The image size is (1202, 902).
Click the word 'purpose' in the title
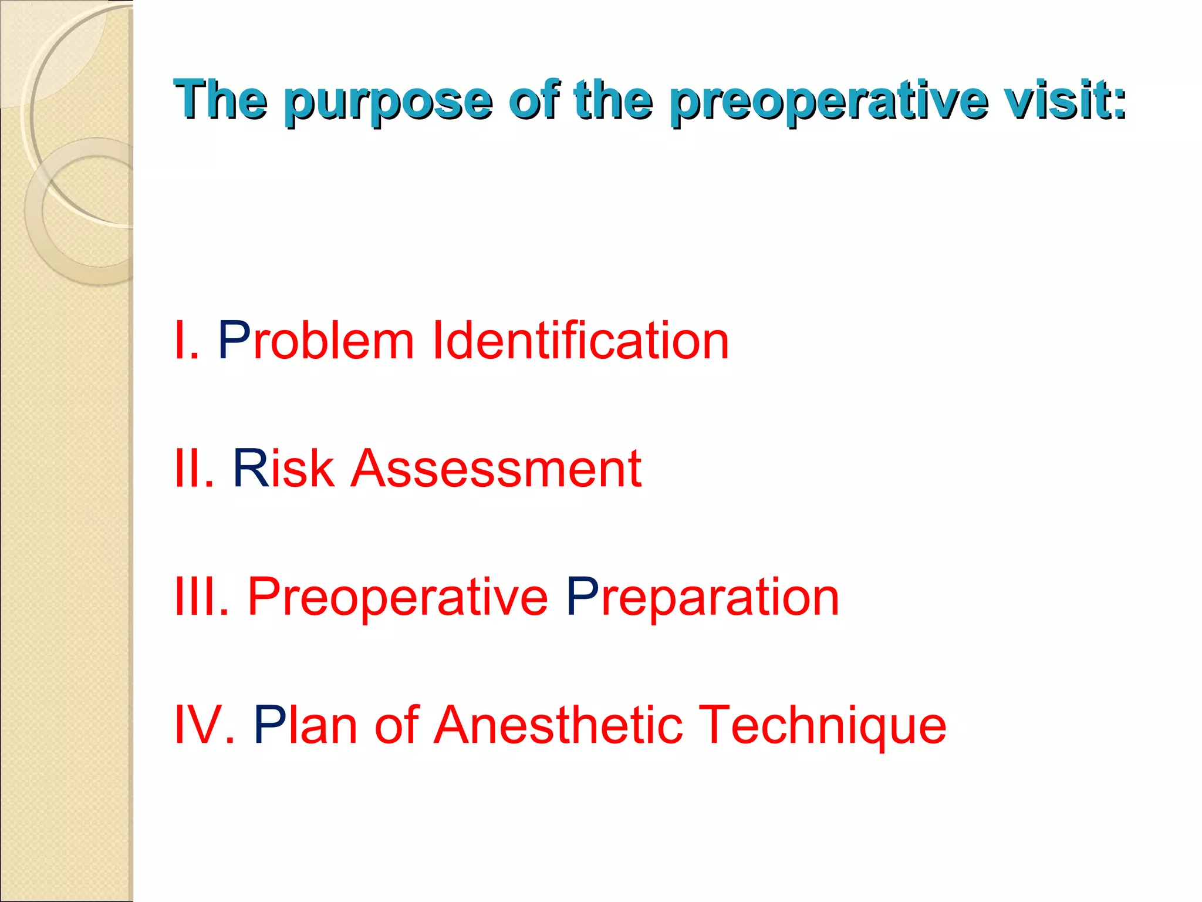pyautogui.click(x=387, y=101)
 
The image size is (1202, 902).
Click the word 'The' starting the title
pyautogui.click(x=221, y=99)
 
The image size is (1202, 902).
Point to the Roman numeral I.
pyautogui.click(x=186, y=341)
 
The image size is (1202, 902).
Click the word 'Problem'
pyautogui.click(x=316, y=341)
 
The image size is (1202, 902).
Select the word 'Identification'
pyautogui.click(x=580, y=341)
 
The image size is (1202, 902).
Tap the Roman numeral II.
pyautogui.click(x=194, y=469)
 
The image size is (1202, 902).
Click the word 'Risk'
pyautogui.click(x=283, y=469)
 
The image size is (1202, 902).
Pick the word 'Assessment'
pyautogui.click(x=496, y=469)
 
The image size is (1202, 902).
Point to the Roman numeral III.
pyautogui.click(x=202, y=597)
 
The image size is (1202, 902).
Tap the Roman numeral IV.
pyautogui.click(x=205, y=725)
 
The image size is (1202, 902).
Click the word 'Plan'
pyautogui.click(x=305, y=725)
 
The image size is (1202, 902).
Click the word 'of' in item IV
pyautogui.click(x=397, y=725)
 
